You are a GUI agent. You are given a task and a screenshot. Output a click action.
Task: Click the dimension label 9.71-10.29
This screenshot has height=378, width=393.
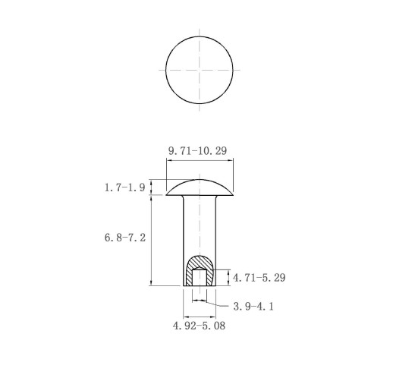click(198, 151)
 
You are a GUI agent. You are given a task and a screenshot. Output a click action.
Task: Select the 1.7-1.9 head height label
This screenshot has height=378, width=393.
click(125, 187)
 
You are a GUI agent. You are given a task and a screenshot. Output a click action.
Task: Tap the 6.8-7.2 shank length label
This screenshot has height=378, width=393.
click(125, 238)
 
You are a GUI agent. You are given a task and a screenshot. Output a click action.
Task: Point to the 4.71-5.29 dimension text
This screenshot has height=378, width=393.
click(259, 278)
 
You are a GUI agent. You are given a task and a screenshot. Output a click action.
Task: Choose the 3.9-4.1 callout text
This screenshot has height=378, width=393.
click(253, 307)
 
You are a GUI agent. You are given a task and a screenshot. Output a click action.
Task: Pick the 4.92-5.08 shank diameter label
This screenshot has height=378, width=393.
click(199, 326)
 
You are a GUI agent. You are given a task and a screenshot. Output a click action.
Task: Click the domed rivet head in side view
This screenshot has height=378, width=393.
click(200, 188)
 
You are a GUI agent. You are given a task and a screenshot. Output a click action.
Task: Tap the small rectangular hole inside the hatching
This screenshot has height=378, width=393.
click(200, 277)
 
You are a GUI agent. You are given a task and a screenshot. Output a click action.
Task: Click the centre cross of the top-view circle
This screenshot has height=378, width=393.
click(200, 70)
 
